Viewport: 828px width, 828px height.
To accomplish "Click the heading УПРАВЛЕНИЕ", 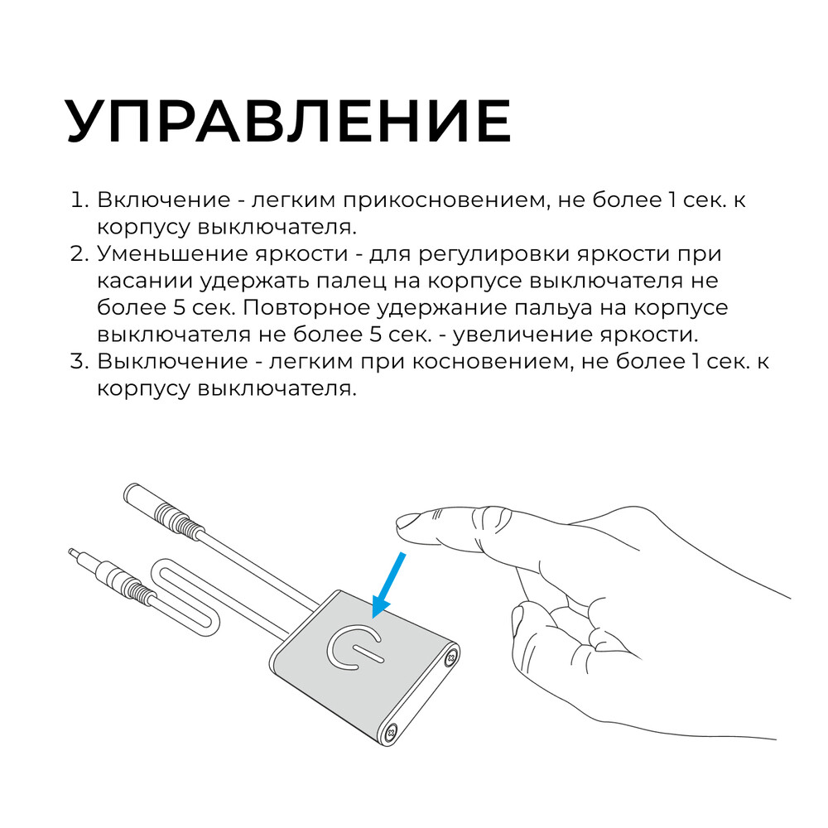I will pyautogui.click(x=288, y=122).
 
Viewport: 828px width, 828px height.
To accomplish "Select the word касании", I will pyautogui.click(x=143, y=281).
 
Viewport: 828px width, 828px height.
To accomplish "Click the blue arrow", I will pyautogui.click(x=388, y=585).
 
